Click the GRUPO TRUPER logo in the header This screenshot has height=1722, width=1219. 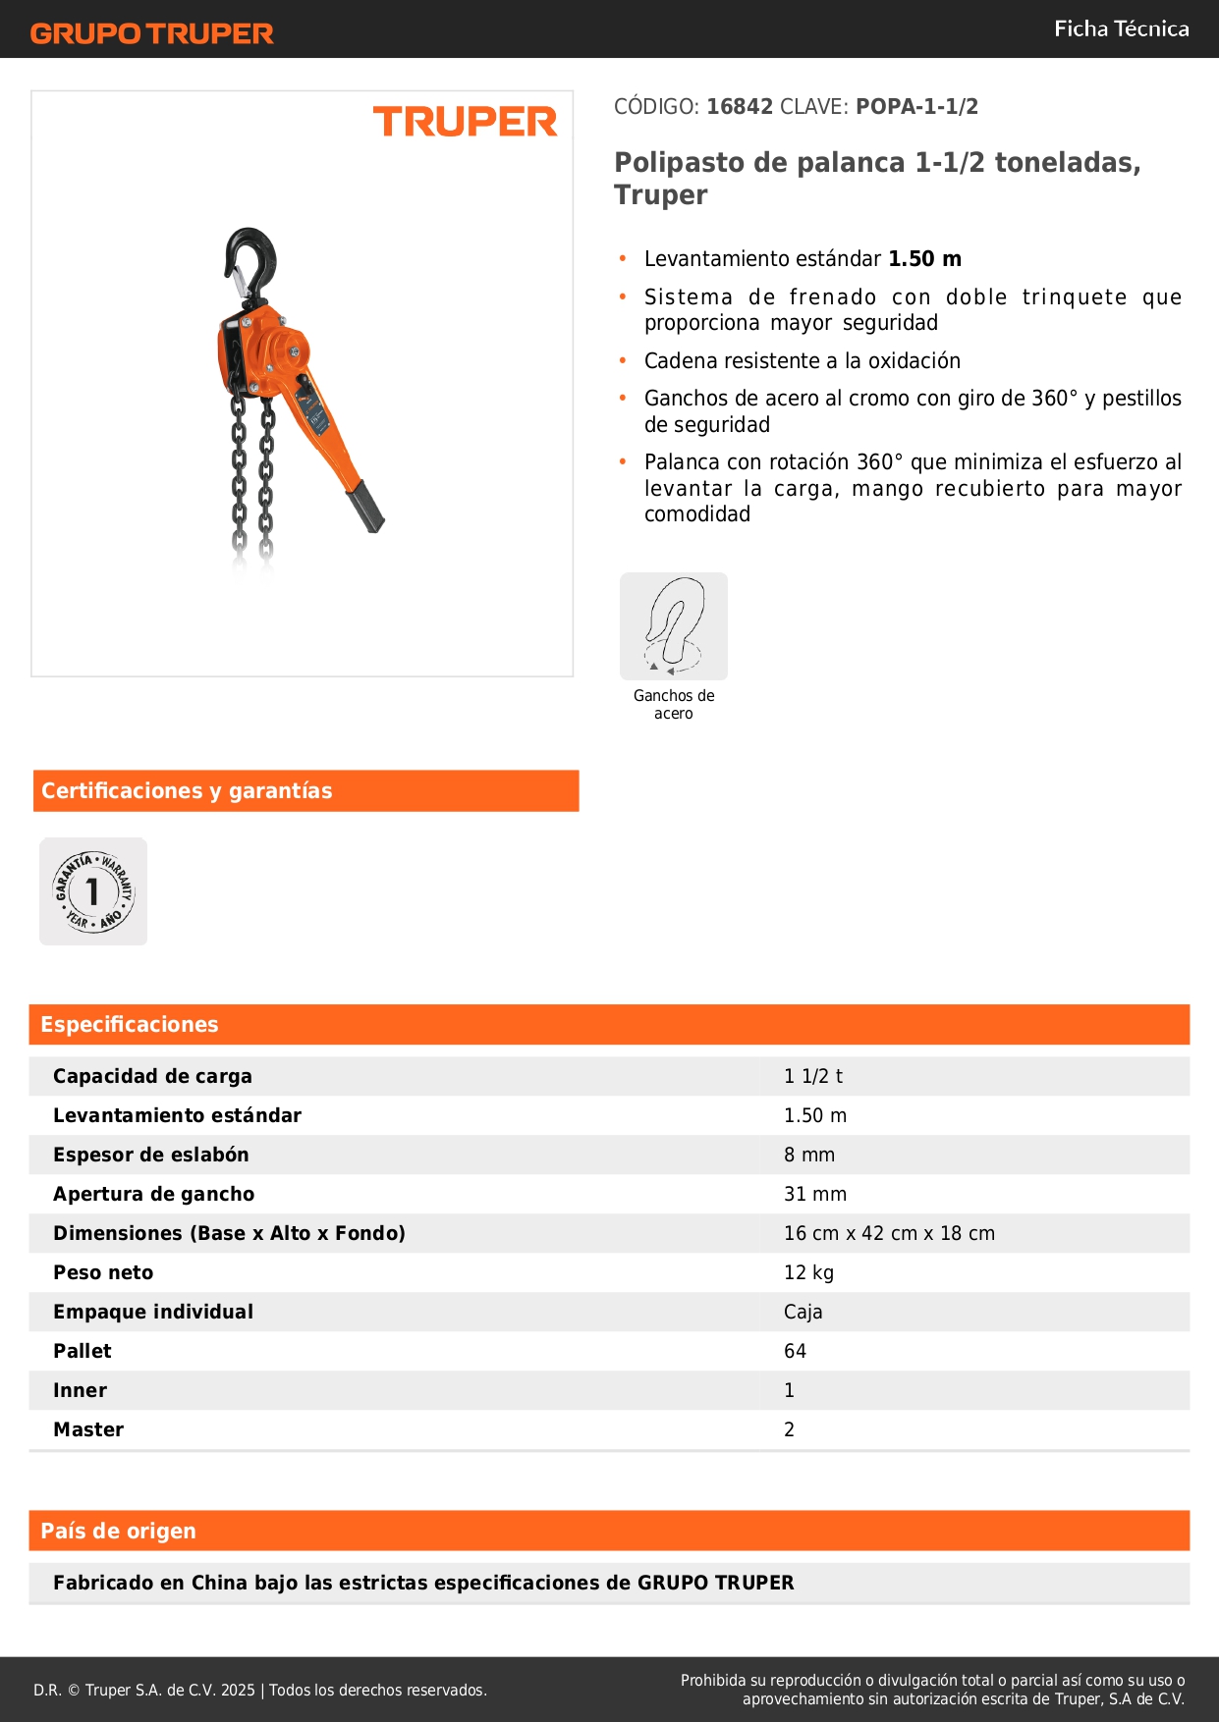point(151,33)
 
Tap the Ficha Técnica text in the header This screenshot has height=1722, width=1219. point(1121,28)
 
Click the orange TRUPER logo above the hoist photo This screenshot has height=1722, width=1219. point(465,122)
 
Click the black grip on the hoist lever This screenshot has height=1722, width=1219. point(365,507)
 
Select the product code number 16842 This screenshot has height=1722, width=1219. point(740,107)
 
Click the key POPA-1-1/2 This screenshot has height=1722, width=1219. point(916,107)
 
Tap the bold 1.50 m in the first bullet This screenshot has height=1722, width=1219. point(924,259)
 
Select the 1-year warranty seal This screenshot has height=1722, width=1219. point(93,891)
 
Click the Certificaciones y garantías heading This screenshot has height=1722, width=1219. point(187,791)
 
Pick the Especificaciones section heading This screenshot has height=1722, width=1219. point(130,1025)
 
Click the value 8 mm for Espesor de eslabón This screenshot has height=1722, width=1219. point(809,1156)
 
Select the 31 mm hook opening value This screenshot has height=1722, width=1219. point(814,1195)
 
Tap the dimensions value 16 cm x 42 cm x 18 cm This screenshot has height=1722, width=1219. point(889,1234)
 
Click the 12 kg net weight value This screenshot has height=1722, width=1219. point(808,1273)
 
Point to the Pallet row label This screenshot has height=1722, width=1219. point(83,1352)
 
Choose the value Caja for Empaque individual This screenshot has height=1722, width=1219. point(803,1313)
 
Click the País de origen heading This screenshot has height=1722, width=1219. point(118,1532)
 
